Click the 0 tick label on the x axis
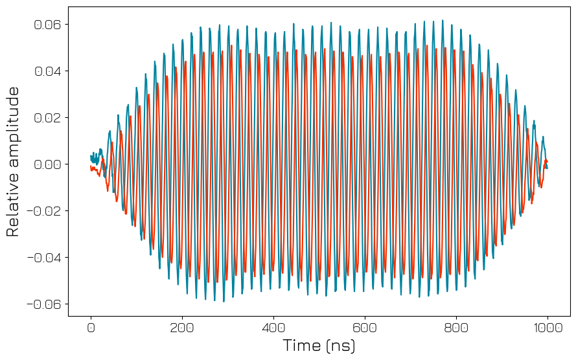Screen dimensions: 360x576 tap(91, 328)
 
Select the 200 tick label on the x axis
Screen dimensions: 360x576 tap(182, 328)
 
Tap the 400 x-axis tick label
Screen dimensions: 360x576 tap(273, 328)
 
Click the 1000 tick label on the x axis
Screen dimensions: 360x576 tap(547, 328)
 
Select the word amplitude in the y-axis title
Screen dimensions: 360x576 tap(13, 126)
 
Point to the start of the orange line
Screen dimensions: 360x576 tap(91, 166)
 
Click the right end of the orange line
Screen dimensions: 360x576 tap(547, 161)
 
